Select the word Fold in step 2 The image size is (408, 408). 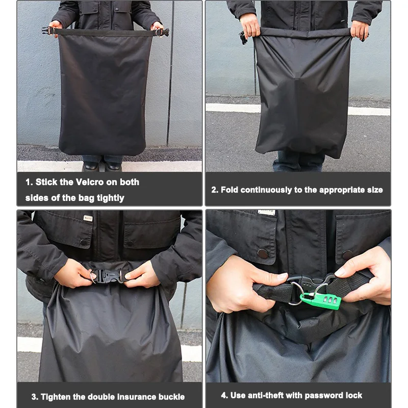point(229,190)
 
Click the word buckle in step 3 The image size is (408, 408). point(172,397)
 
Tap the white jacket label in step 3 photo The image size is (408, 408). point(88,218)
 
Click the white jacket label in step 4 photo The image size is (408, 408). point(266,212)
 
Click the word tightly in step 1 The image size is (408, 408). point(110,198)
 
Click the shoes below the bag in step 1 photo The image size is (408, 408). point(102,166)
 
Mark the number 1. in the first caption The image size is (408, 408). point(29,182)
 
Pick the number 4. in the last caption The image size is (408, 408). point(224,396)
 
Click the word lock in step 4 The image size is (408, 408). point(354,396)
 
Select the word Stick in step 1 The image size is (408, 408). point(46,182)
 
